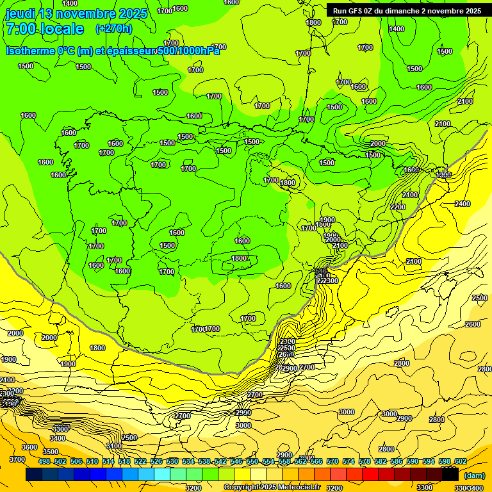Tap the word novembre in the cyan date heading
[90, 13]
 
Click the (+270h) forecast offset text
[113, 29]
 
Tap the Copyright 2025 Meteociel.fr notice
[272, 488]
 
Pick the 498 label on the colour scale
[44, 461]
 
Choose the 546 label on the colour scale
[236, 461]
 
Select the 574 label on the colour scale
[348, 461]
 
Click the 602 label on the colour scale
[461, 461]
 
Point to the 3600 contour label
[29, 447]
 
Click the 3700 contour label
[17, 459]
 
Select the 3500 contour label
[50, 452]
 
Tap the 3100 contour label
[114, 446]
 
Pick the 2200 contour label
[397, 206]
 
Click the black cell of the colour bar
[450, 475]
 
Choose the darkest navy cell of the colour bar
[34, 475]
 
